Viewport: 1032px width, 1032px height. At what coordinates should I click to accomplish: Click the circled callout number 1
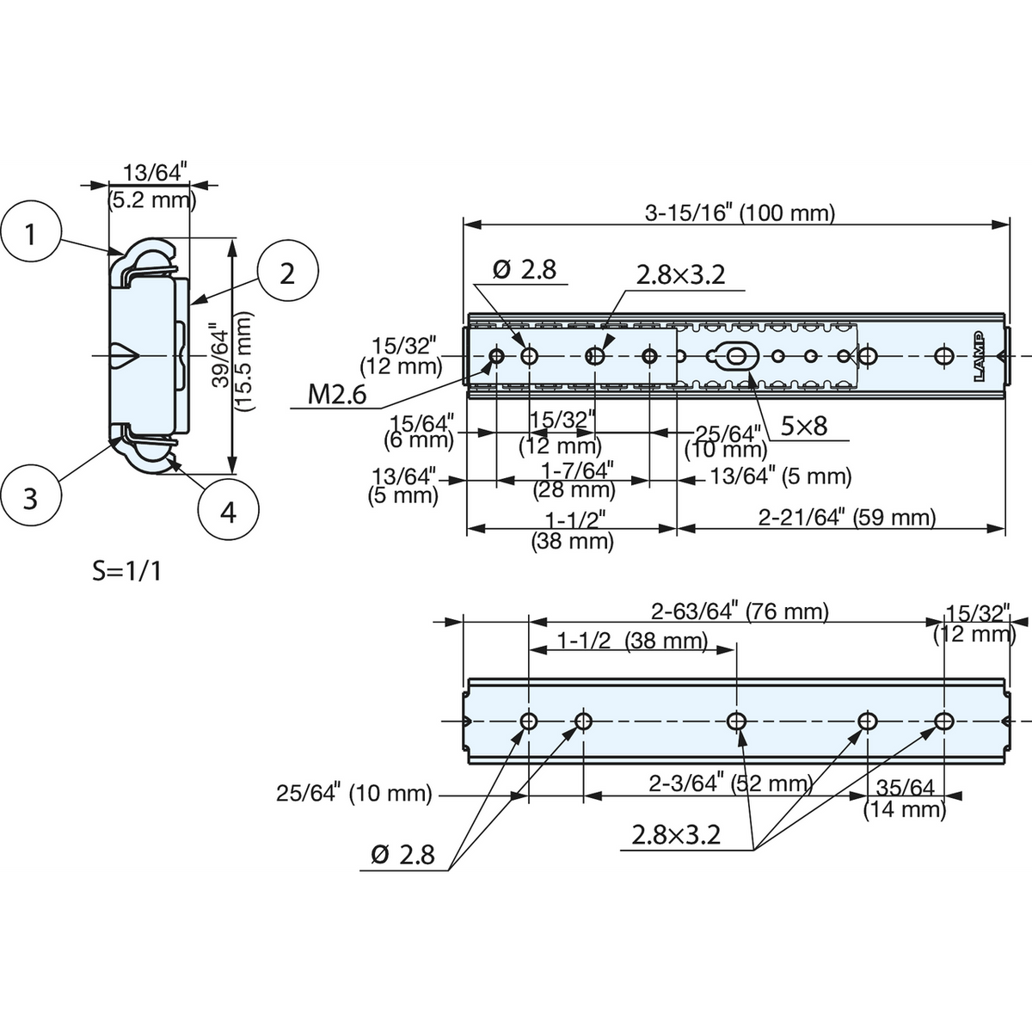click(30, 234)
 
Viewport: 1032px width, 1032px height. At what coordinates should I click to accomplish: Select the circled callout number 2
click(287, 274)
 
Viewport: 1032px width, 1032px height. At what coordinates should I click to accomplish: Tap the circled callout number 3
click(30, 499)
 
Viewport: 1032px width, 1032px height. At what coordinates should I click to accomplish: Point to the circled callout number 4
click(228, 513)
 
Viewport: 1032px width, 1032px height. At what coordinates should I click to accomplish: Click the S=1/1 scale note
click(127, 571)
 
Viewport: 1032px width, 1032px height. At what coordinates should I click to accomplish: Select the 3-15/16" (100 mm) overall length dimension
click(740, 213)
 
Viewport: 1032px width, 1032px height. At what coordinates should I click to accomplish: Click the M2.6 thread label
click(337, 396)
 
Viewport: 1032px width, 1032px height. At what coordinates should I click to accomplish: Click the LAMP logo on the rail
click(979, 356)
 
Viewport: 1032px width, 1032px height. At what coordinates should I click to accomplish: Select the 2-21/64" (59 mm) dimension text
click(847, 518)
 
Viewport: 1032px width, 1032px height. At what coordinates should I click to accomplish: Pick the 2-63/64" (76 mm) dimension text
click(740, 611)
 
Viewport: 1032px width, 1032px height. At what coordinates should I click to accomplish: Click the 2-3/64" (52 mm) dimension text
click(731, 783)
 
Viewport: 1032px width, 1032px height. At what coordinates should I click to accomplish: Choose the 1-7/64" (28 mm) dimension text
click(574, 481)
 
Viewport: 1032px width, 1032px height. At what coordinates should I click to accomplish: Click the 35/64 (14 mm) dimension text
click(905, 798)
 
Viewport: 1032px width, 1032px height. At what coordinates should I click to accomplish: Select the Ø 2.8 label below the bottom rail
click(402, 855)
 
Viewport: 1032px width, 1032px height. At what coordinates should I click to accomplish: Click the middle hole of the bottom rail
click(737, 722)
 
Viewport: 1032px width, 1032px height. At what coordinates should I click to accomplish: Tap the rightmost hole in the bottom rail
click(943, 722)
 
